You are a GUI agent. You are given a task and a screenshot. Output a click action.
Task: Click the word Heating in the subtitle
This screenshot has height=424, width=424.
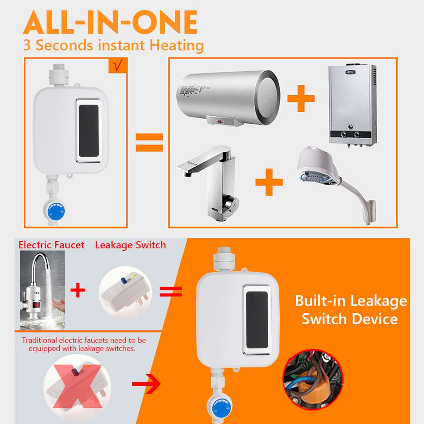[x=176, y=46]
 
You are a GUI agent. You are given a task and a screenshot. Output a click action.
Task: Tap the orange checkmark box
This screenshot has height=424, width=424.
[x=118, y=66]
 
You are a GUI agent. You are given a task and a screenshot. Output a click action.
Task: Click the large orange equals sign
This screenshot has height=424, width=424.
[x=149, y=142]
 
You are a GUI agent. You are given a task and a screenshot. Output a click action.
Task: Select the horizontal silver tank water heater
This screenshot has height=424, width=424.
[x=228, y=97]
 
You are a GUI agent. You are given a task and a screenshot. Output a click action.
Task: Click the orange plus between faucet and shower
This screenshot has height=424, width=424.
[x=269, y=182]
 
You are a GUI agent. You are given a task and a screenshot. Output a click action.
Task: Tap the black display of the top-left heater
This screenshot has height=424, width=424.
[x=88, y=131]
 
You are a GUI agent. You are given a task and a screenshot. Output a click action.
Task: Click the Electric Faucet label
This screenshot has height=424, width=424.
[x=51, y=245]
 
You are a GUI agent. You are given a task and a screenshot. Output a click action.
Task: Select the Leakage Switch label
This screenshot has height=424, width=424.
[x=130, y=245]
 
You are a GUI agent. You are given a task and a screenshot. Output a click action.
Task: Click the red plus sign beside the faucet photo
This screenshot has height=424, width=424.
[x=78, y=291]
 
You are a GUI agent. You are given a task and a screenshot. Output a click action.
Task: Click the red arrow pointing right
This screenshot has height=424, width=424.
[x=146, y=384]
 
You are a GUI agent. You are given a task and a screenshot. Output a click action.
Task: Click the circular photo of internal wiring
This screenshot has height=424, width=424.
[x=313, y=380]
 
